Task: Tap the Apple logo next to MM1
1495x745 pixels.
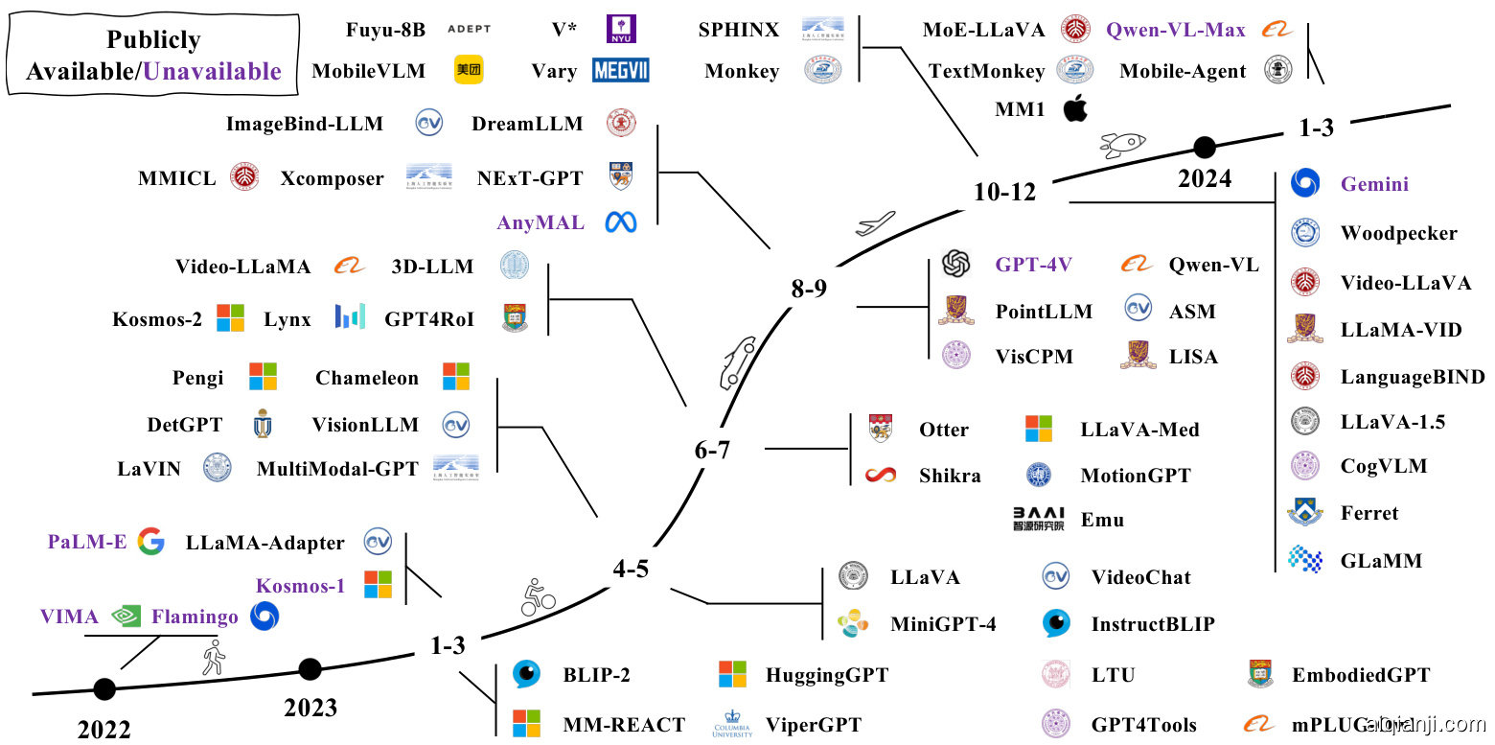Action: point(1076,109)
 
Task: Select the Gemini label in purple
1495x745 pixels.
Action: point(1374,184)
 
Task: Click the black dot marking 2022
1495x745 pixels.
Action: point(104,688)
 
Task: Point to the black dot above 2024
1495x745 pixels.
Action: point(1205,147)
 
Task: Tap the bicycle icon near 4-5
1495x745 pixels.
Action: point(538,597)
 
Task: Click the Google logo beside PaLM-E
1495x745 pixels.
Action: point(150,542)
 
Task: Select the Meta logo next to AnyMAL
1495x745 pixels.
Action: point(621,222)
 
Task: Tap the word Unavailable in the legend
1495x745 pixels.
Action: point(212,71)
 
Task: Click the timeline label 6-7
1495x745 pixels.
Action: point(712,449)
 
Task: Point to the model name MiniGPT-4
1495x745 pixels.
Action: point(943,624)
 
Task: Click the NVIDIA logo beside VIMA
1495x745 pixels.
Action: point(126,617)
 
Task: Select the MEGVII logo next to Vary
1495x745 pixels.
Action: point(621,70)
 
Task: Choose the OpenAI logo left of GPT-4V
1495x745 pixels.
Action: point(956,264)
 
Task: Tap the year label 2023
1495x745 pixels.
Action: point(310,708)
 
